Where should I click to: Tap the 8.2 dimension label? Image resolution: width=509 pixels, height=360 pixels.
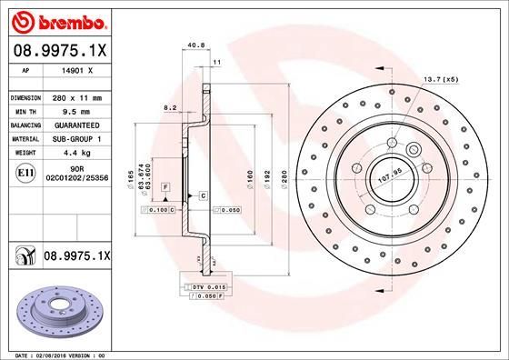[x=169, y=107]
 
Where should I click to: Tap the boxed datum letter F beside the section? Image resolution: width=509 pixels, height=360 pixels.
[x=165, y=186]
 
